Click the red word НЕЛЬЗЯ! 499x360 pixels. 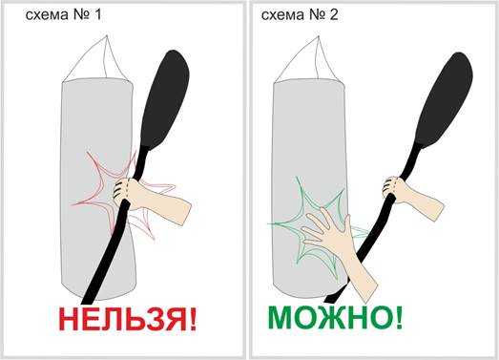[128, 319]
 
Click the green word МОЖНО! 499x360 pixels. [336, 317]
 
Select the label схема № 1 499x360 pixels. [63, 14]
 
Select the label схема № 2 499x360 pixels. [300, 14]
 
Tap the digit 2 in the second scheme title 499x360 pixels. [334, 14]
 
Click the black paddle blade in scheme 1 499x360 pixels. [164, 98]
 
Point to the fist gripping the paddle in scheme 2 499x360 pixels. [392, 186]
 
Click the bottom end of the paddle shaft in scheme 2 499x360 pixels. [329, 300]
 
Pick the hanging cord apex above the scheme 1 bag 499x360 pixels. [107, 36]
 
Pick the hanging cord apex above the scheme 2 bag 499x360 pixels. [318, 37]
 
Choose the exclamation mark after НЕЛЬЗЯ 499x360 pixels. [193, 319]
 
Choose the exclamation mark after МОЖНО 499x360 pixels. [400, 317]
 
